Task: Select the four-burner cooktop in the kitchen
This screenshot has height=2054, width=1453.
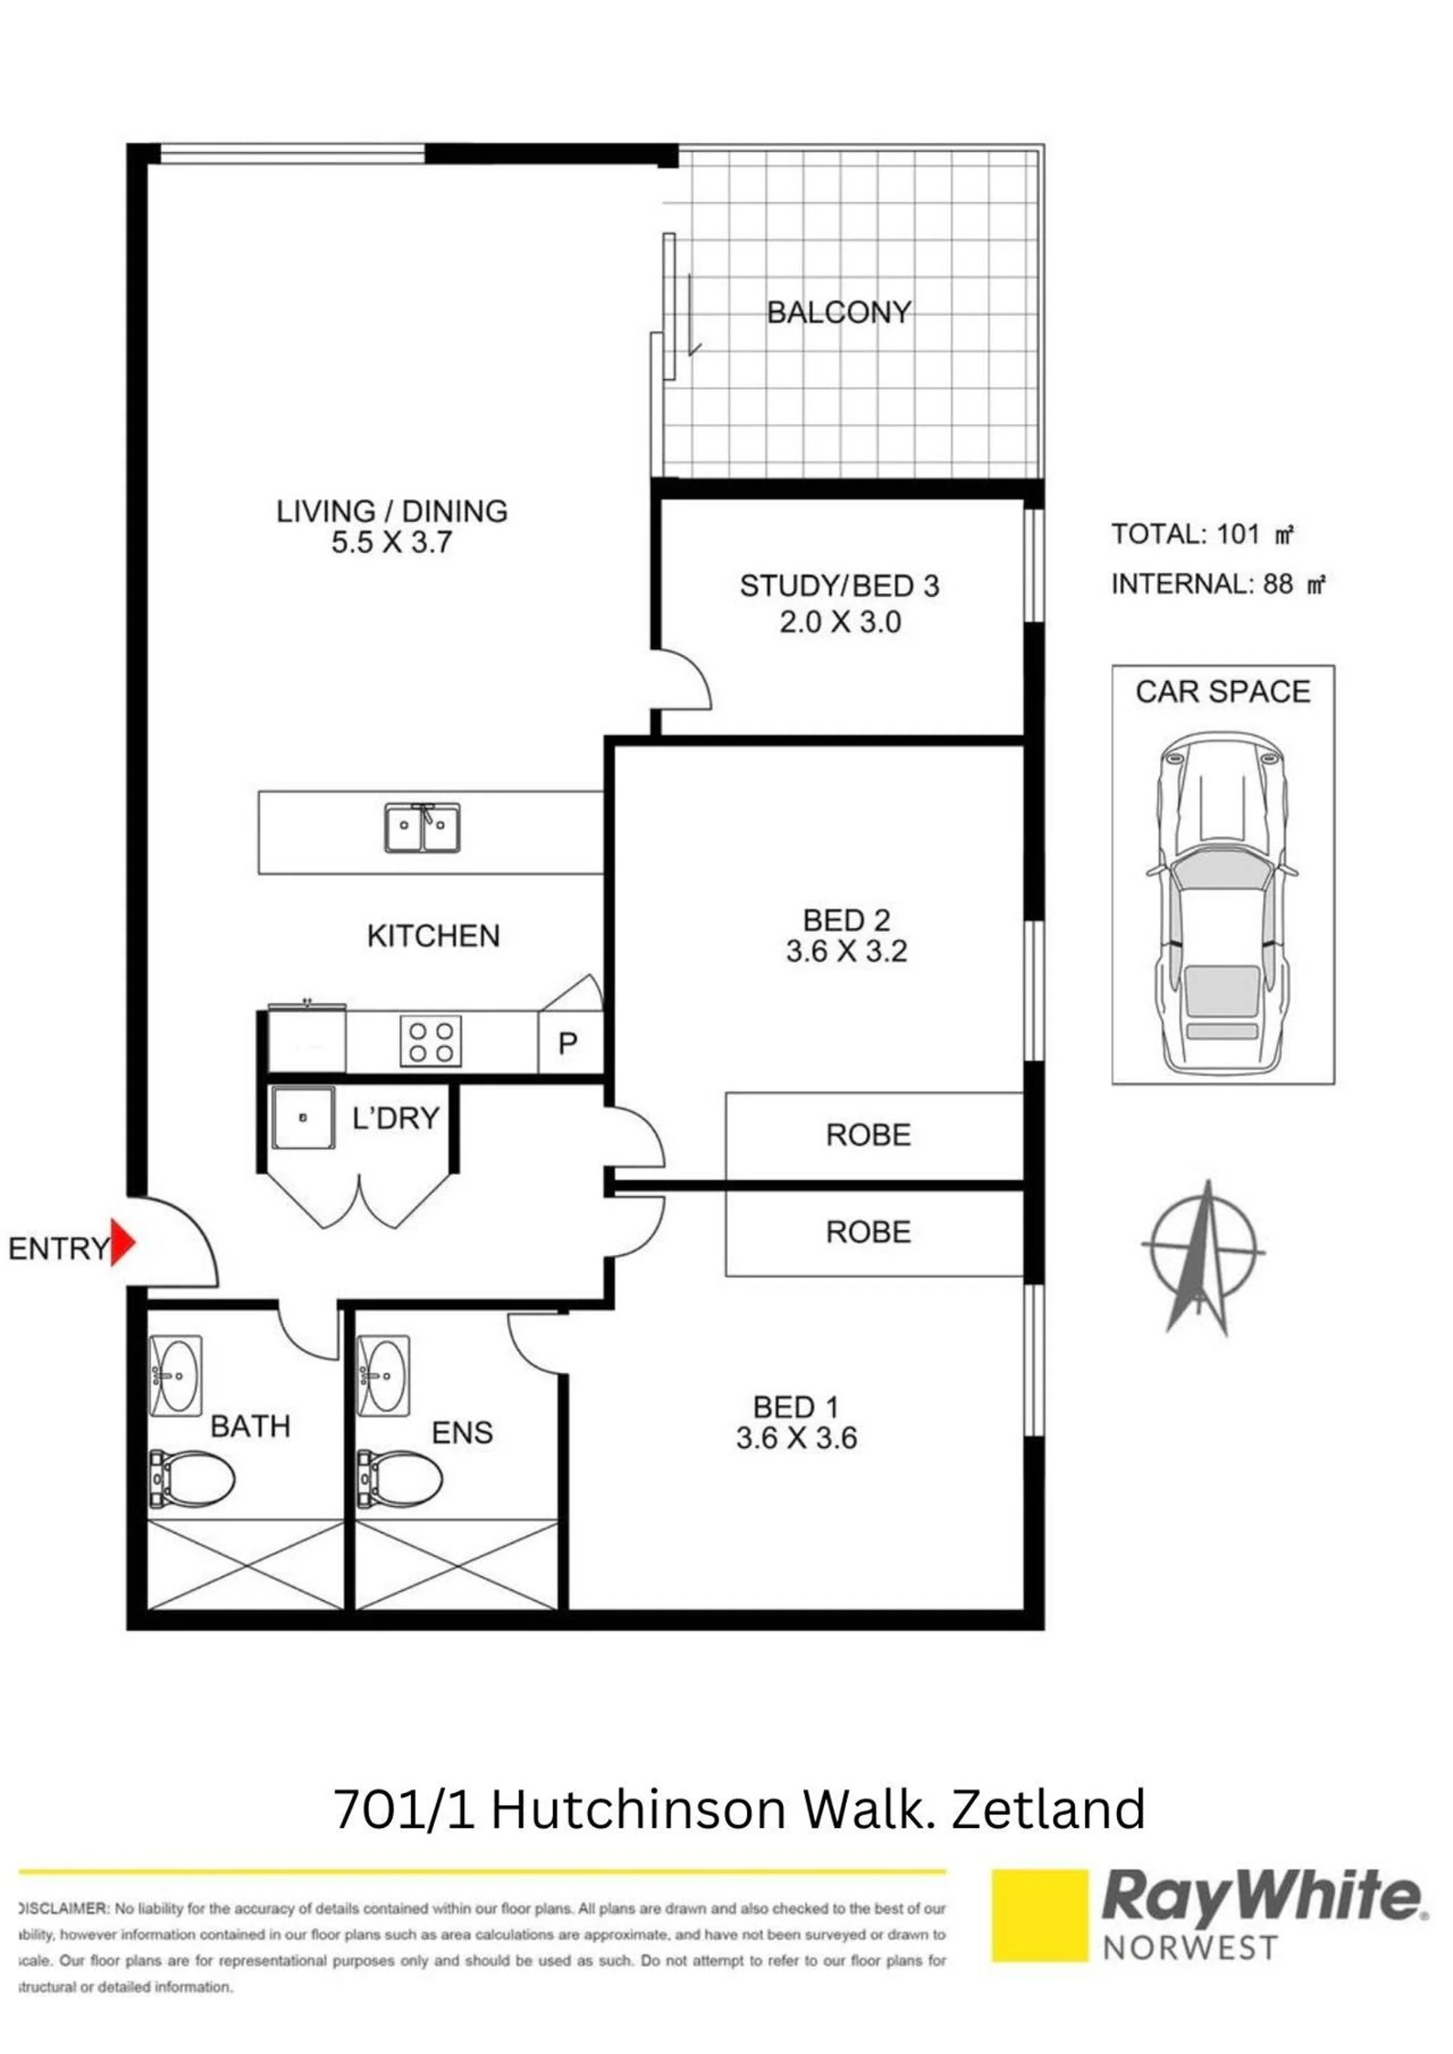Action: click(x=431, y=1040)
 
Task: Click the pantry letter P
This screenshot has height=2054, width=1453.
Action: click(x=568, y=1043)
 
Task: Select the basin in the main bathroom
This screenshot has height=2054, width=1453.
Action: click(x=176, y=1376)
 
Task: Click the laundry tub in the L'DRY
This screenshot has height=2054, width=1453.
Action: click(x=303, y=1117)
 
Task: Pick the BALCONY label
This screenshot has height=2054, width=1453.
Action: click(x=839, y=312)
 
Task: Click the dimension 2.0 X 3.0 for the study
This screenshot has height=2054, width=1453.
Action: click(x=840, y=622)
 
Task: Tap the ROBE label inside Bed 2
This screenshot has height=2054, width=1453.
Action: click(x=868, y=1136)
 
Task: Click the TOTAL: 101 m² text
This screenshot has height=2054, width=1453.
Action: click(x=1203, y=534)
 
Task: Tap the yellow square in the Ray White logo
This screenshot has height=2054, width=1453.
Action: click(x=1041, y=1915)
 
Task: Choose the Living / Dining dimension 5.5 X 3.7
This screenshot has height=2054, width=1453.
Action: click(x=392, y=542)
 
